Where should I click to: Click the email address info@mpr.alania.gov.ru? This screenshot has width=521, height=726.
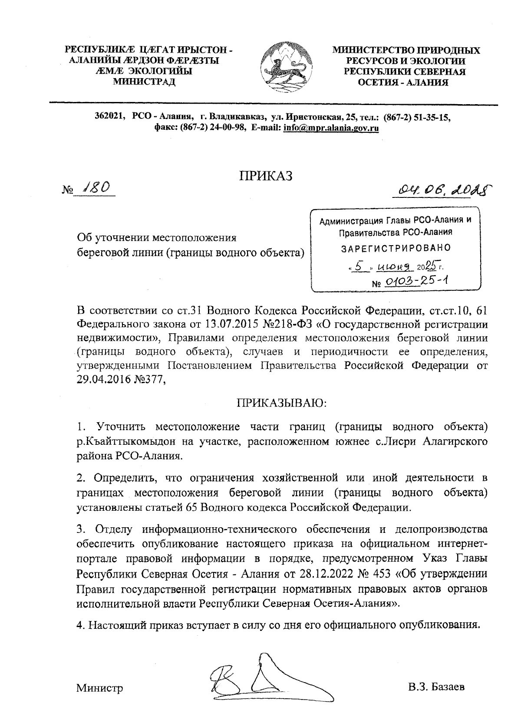click(331, 128)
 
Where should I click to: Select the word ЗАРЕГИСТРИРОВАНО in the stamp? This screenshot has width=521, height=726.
click(396, 248)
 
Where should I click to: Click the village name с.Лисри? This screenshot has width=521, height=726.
click(397, 442)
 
